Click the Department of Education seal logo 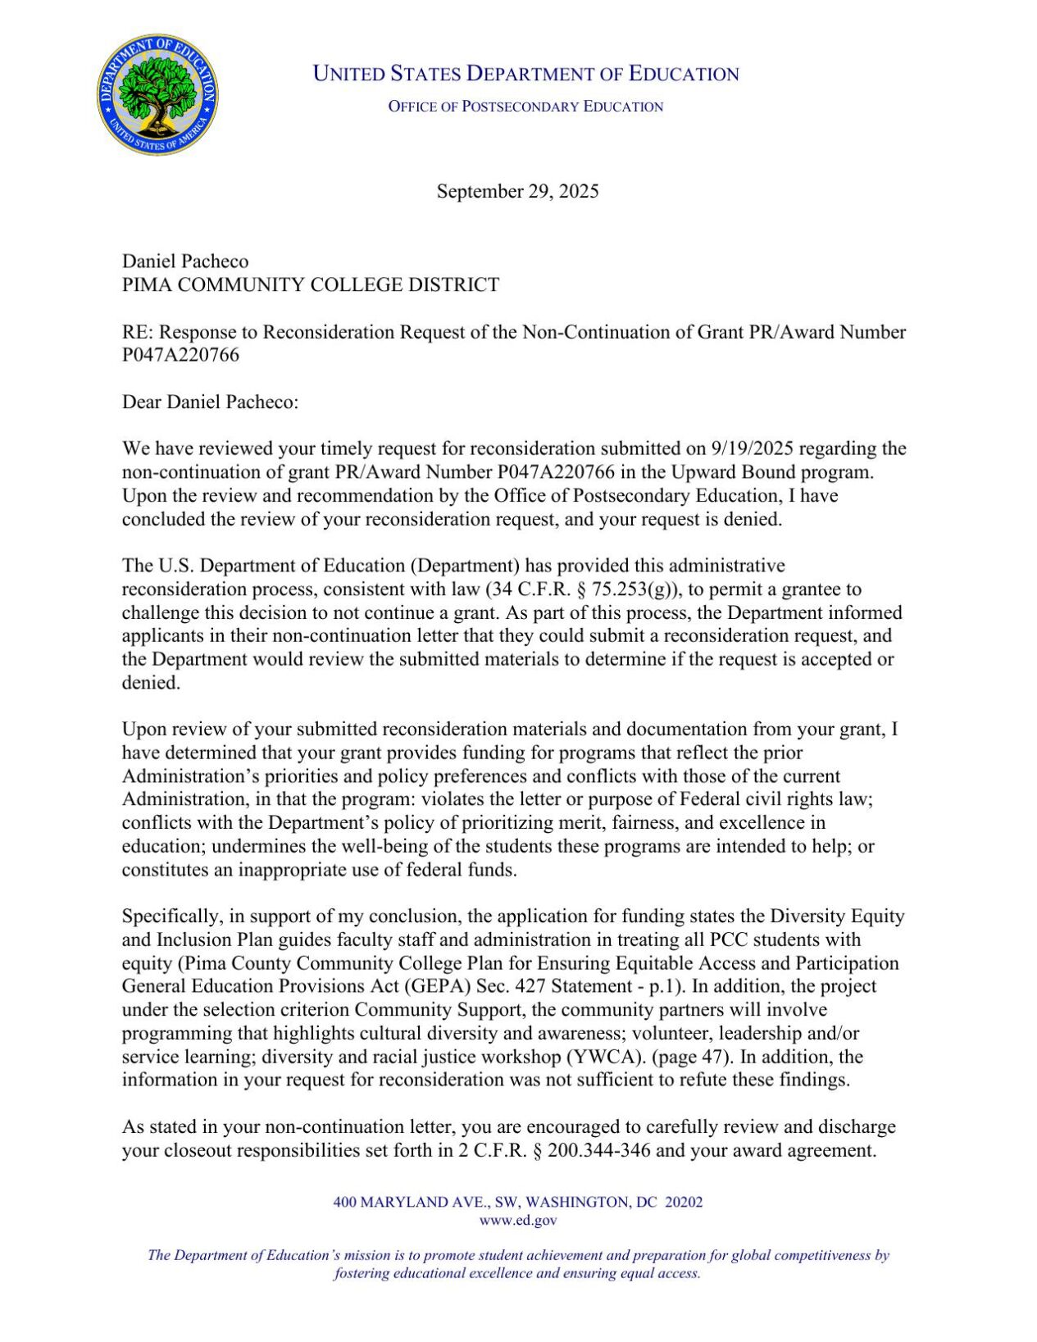(157, 95)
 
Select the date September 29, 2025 (517, 191)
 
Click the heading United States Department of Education (525, 74)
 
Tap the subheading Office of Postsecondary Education (525, 107)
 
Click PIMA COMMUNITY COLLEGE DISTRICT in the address (310, 284)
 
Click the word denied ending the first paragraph (755, 519)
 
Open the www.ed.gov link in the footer (517, 1220)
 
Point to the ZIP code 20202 (684, 1202)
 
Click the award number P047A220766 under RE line (180, 355)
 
